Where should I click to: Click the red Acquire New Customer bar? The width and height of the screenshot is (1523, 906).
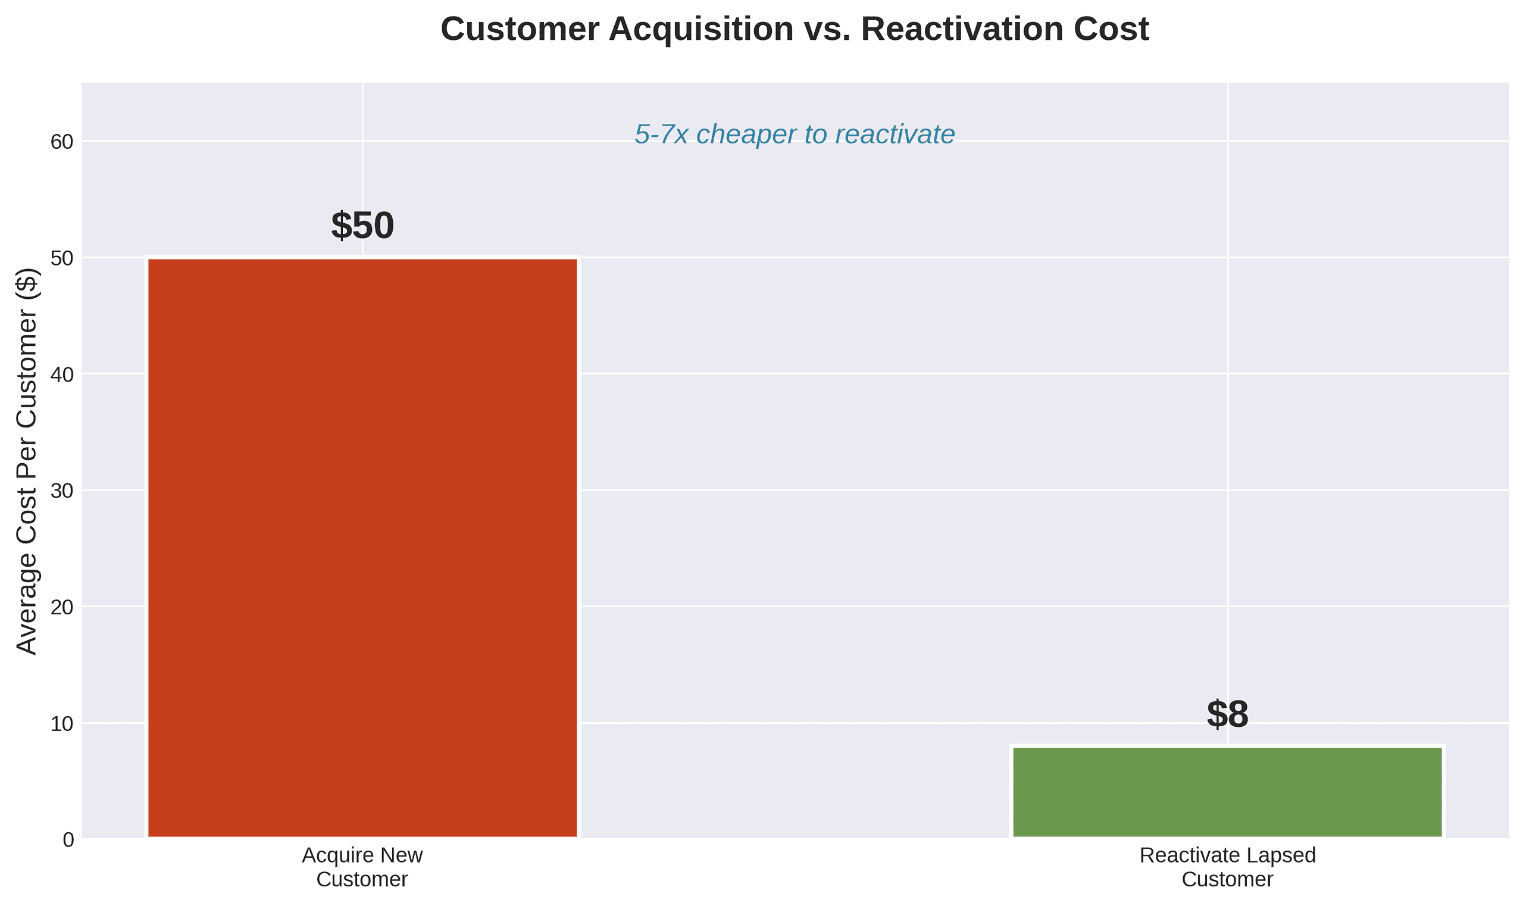tap(362, 548)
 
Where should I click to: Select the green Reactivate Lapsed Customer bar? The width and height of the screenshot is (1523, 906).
tap(1227, 792)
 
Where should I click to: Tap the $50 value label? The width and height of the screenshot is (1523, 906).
tap(362, 225)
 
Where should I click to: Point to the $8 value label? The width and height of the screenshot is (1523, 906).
tap(1227, 714)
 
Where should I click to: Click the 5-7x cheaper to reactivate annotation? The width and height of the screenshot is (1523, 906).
tap(794, 135)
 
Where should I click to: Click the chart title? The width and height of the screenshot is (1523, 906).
tap(794, 29)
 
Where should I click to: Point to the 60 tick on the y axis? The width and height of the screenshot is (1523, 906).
tap(62, 142)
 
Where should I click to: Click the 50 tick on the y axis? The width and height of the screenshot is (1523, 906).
tap(62, 259)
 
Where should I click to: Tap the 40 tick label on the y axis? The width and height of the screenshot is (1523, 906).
tap(62, 375)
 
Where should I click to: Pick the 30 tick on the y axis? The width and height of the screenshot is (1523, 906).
tap(62, 492)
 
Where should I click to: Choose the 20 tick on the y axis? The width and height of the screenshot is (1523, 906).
tap(62, 607)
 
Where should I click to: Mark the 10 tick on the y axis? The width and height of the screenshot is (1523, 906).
tap(62, 724)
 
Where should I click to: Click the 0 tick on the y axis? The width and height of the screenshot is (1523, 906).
tap(68, 840)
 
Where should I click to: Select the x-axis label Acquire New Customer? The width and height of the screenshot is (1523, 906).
tap(362, 867)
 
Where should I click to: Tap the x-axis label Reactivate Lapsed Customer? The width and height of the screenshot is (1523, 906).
tap(1227, 867)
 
